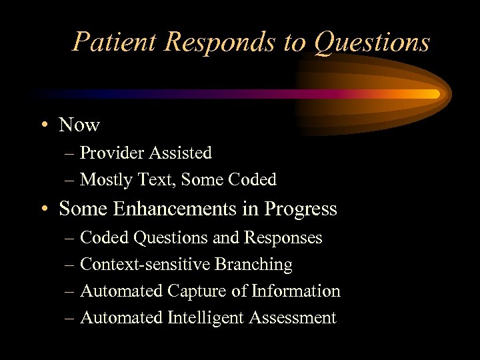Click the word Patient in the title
point(115,42)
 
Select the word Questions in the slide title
point(371,42)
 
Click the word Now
point(79,125)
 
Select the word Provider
point(112,153)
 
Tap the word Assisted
point(180,153)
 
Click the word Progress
point(301,209)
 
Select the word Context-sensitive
point(145,265)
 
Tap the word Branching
point(253,265)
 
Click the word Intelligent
point(205,318)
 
